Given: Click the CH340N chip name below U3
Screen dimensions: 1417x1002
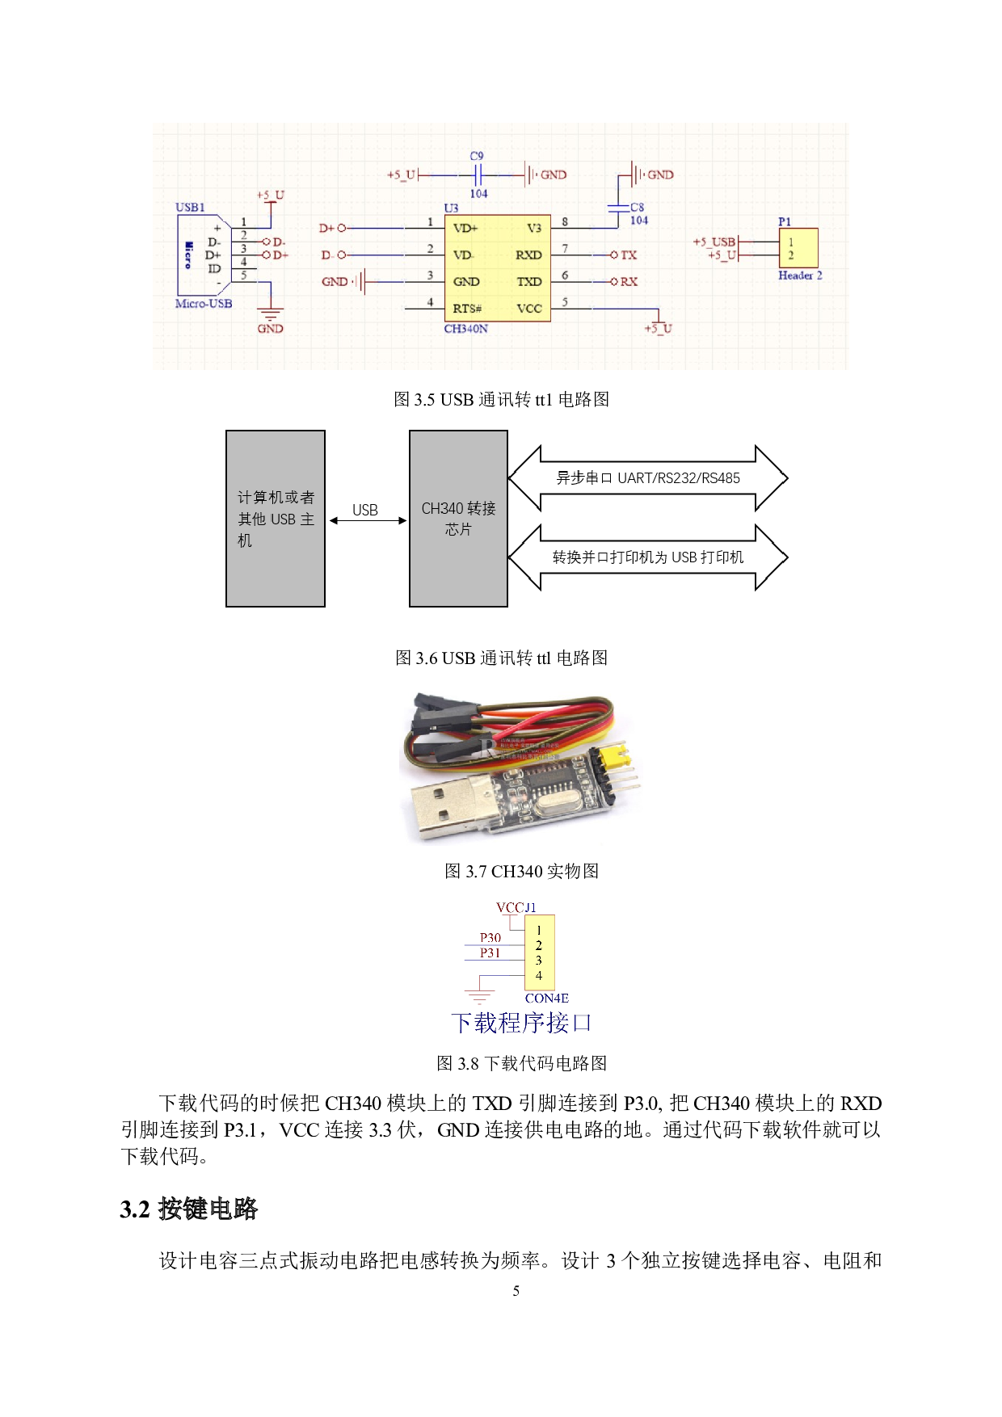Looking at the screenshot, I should [x=465, y=329].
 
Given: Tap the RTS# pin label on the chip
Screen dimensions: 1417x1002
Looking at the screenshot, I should [x=467, y=309].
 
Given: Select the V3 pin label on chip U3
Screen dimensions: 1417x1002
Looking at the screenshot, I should [x=534, y=229].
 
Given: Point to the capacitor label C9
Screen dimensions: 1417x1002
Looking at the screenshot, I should [x=477, y=156].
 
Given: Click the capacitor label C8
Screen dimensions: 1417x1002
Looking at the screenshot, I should [x=638, y=208].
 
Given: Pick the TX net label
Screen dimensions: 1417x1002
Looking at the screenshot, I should [x=629, y=255].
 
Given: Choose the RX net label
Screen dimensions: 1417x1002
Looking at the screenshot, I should [x=629, y=282].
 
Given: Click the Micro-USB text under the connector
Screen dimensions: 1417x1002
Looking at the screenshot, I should [x=204, y=304].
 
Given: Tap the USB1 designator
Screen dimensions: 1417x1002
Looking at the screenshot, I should [x=190, y=208].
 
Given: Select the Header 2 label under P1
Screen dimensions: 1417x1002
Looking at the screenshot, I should [x=800, y=275].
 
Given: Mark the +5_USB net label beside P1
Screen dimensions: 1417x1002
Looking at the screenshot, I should [x=714, y=242].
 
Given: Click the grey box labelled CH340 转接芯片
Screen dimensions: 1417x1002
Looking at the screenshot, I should [x=458, y=519].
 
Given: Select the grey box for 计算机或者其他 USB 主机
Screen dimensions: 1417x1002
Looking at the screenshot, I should [x=276, y=519].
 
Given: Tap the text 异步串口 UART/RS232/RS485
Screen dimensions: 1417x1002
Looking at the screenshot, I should [x=648, y=478].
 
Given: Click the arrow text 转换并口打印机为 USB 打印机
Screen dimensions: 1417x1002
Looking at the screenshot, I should [x=648, y=557].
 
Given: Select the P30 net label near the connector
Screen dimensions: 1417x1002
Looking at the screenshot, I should [x=490, y=938].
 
